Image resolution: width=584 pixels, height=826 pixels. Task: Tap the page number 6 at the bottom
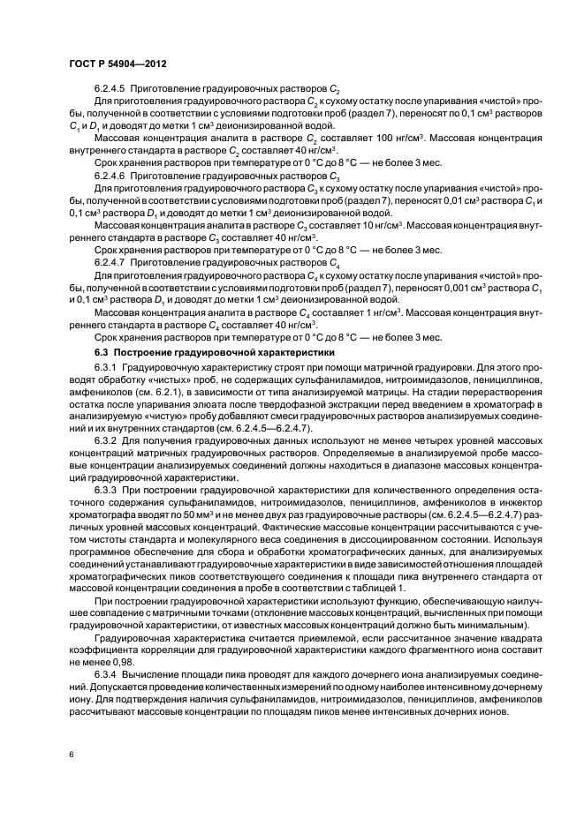click(70, 754)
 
